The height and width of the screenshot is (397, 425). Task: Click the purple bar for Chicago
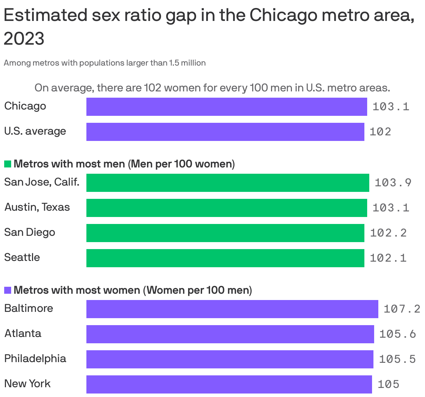click(226, 107)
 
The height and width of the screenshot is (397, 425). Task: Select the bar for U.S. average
click(225, 132)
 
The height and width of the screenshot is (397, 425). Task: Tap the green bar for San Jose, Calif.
click(227, 183)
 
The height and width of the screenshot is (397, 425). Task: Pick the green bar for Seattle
click(225, 258)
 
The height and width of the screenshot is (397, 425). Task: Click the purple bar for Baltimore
click(232, 309)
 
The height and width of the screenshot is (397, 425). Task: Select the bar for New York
click(229, 384)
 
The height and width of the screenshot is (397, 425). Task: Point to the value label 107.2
click(402, 309)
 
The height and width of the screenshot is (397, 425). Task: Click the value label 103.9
click(393, 183)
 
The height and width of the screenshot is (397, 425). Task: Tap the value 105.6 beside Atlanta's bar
click(397, 334)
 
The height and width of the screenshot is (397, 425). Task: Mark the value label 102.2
click(388, 233)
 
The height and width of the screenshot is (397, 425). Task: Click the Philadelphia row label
click(35, 359)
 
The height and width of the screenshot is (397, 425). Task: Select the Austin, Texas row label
click(37, 207)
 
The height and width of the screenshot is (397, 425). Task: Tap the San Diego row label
click(30, 232)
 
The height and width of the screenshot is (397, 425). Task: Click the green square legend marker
click(8, 164)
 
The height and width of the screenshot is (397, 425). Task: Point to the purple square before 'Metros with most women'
click(8, 290)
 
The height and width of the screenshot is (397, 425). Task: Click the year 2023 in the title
click(24, 38)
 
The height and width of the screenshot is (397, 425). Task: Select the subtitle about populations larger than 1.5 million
click(105, 63)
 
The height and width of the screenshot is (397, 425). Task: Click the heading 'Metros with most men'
click(69, 164)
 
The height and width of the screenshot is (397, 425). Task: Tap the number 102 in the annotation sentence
click(152, 88)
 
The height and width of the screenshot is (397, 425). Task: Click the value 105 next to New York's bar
click(388, 384)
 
